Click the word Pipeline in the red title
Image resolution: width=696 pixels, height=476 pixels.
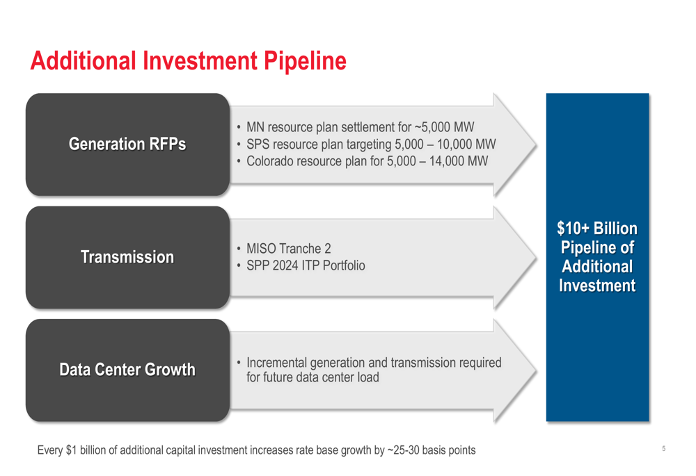[305, 60]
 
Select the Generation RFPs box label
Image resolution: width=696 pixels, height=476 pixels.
[127, 144]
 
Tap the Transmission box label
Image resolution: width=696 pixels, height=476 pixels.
[127, 257]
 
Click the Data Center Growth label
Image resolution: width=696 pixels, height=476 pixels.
[127, 370]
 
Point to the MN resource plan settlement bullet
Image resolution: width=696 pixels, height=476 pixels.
[360, 127]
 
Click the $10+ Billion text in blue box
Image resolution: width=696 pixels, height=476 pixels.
[597, 228]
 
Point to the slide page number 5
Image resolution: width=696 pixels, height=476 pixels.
[663, 448]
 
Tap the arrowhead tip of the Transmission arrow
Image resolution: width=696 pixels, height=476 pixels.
[536, 257]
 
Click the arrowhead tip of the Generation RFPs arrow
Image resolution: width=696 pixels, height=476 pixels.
[536, 145]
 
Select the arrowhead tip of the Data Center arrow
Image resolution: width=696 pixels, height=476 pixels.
[536, 370]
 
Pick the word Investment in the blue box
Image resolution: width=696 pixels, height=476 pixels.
[597, 286]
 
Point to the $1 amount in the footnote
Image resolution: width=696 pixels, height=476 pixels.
[72, 450]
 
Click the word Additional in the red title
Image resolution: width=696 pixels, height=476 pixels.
[83, 60]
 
